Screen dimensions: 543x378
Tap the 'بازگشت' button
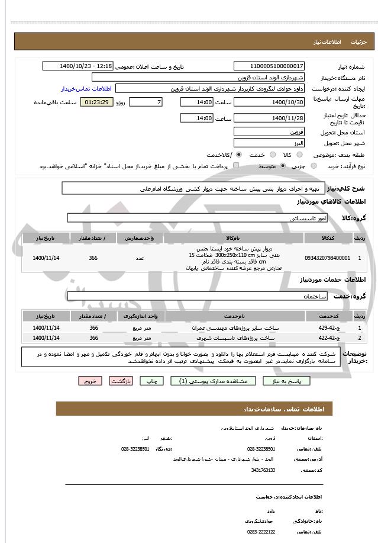pyautogui.click(x=121, y=381)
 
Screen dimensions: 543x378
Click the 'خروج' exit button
pyautogui.click(x=90, y=381)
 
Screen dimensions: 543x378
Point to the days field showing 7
pyautogui.click(x=145, y=102)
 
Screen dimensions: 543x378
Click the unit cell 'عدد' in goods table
pyautogui.click(x=140, y=258)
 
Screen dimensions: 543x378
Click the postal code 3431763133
pyautogui.click(x=263, y=470)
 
